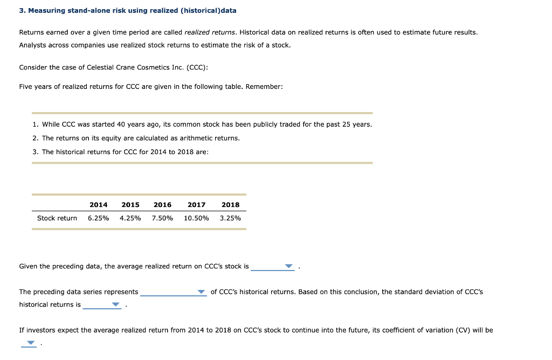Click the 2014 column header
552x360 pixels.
pyautogui.click(x=98, y=205)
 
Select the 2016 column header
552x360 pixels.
pyautogui.click(x=162, y=205)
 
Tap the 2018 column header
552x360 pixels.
pyautogui.click(x=230, y=205)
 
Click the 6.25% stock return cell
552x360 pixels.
pyautogui.click(x=98, y=218)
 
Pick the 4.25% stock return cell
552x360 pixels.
pyautogui.click(x=130, y=218)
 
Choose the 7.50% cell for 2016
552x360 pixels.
pyautogui.click(x=162, y=218)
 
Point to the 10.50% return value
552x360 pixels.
pyautogui.click(x=196, y=218)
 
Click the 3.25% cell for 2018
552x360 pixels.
pyautogui.click(x=230, y=218)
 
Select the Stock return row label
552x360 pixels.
pyautogui.click(x=57, y=218)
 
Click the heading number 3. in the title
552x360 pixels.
pyautogui.click(x=22, y=11)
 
